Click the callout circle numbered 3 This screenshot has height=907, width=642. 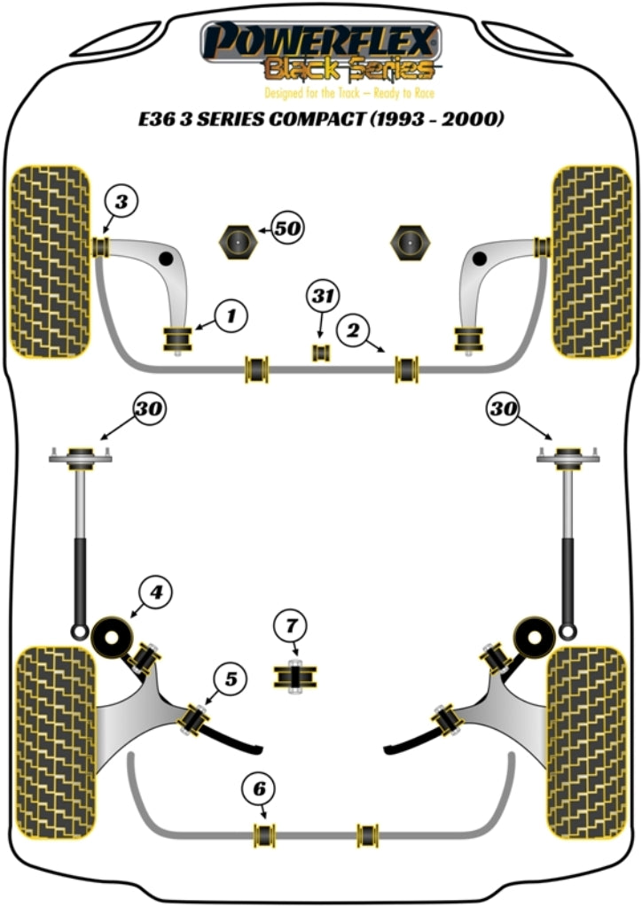pyautogui.click(x=121, y=201)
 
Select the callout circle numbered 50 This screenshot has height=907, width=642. pyautogui.click(x=286, y=229)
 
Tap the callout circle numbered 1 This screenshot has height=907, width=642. pyautogui.click(x=230, y=314)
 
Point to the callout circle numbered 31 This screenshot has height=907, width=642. pyautogui.click(x=323, y=295)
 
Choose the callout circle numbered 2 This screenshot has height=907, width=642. pyautogui.click(x=353, y=331)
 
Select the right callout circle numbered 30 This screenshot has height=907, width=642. pyautogui.click(x=502, y=408)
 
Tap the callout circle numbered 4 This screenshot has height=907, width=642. pyautogui.click(x=154, y=590)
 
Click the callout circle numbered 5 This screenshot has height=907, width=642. pyautogui.click(x=230, y=679)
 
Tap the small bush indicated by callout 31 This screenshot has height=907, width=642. pyautogui.click(x=321, y=353)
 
